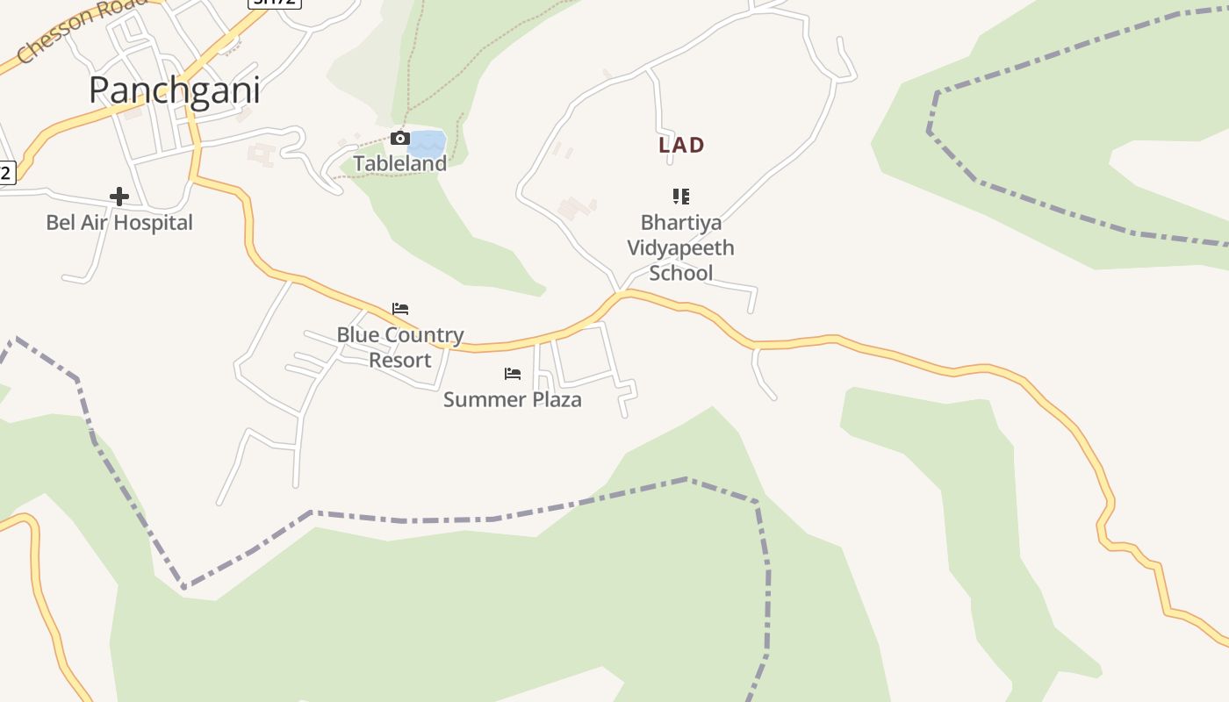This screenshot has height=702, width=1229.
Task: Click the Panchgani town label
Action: click(x=175, y=90)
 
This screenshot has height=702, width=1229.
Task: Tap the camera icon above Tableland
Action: click(x=399, y=138)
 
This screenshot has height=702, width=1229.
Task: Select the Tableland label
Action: click(x=400, y=163)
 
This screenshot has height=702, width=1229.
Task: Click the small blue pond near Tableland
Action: click(x=428, y=142)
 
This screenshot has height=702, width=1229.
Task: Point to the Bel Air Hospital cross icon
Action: click(x=119, y=196)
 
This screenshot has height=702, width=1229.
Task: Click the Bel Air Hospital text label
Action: click(x=119, y=223)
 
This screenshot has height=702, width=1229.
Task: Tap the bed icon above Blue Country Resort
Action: click(x=400, y=309)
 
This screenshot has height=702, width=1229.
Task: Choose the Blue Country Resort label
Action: click(x=400, y=347)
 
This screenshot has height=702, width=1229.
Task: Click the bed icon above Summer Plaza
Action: click(x=513, y=374)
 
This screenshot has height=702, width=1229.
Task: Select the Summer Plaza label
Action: click(x=513, y=400)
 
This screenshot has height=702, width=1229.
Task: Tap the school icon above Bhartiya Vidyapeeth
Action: click(x=680, y=196)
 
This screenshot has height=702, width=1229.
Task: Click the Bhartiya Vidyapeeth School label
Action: click(x=680, y=247)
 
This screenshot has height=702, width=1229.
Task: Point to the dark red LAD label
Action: click(x=681, y=146)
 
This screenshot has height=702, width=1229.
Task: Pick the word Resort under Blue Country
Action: click(x=400, y=361)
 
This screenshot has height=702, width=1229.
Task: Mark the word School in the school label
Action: click(x=681, y=273)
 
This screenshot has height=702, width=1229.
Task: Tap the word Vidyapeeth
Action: click(x=680, y=248)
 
